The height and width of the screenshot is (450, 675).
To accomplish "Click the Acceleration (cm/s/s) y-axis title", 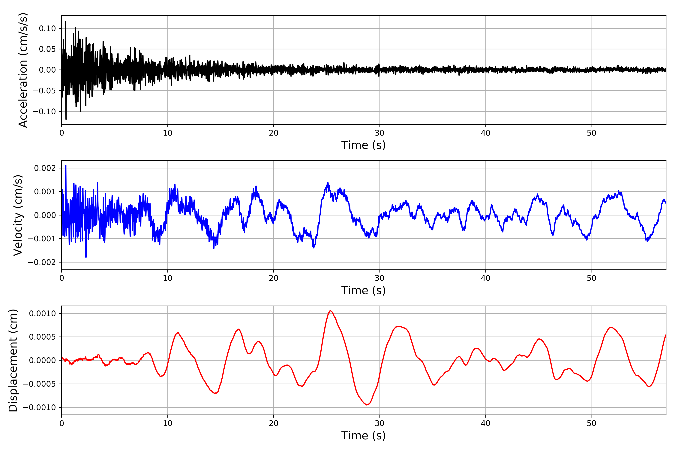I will (23, 70).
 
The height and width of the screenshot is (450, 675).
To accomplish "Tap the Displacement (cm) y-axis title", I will (13, 360).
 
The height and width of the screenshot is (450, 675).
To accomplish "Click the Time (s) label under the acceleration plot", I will (363, 145).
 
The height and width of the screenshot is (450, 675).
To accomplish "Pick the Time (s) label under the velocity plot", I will (363, 290).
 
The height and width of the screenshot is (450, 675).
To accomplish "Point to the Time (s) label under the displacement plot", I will (363, 436).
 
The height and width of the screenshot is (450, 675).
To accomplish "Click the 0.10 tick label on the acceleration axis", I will (47, 28).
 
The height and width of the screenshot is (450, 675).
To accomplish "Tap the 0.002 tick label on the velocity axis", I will (45, 168).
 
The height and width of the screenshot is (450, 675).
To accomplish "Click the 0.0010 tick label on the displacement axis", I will (43, 313).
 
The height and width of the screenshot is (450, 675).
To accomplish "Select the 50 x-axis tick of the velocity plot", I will (592, 278).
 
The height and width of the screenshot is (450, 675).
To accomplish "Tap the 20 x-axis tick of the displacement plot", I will (274, 423).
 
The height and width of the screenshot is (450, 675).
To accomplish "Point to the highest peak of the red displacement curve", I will (330, 311).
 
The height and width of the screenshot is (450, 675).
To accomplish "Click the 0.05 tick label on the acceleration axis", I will (47, 49).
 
